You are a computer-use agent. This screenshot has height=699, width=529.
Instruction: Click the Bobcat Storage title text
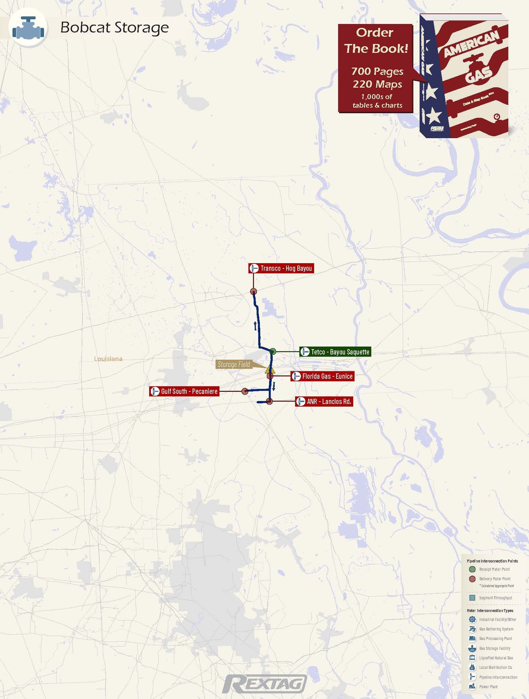pos(114,27)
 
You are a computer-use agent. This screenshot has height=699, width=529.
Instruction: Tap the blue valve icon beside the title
pos(28,28)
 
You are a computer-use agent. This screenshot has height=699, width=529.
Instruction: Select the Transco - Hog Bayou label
pos(281,268)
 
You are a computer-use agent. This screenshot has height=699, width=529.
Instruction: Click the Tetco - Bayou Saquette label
pos(335,352)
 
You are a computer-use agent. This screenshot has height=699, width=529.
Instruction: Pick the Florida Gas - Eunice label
pos(322,376)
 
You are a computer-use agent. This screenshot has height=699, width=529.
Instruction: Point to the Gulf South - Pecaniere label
pos(184,391)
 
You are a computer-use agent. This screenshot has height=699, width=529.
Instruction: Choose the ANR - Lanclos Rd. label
pos(324,402)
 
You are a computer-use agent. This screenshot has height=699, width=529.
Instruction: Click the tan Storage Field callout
pos(234,364)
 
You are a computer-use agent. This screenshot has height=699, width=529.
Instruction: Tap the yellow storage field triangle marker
pos(270,370)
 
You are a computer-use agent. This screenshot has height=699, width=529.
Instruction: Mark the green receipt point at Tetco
pos(273,351)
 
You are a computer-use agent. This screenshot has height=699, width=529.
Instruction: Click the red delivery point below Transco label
pos(254,291)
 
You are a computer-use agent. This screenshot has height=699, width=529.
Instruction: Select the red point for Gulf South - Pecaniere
pos(245,391)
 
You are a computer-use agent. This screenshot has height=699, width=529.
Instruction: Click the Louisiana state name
pos(108,359)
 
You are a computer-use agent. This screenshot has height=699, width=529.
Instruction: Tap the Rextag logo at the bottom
pos(264,684)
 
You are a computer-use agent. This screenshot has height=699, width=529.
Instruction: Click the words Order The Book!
pos(376,41)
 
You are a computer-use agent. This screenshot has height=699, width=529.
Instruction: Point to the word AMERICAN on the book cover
pos(471,43)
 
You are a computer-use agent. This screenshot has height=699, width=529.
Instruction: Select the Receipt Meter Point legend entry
pos(494,569)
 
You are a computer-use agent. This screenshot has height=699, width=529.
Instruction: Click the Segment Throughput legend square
pos(472,598)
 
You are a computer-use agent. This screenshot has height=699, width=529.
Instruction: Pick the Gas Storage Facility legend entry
pos(494,648)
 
